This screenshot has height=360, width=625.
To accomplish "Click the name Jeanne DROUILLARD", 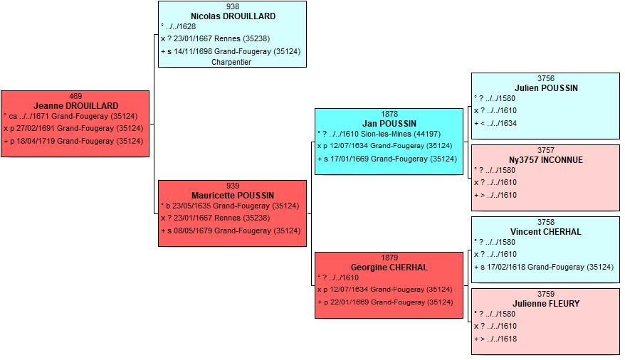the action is coord(75,106).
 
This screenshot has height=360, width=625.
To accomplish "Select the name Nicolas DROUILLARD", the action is coord(233,16).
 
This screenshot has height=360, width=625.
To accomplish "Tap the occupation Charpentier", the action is coord(231,62).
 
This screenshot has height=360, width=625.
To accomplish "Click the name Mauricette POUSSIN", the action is coord(233,196).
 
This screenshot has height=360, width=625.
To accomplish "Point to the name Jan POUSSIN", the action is coord(389,124).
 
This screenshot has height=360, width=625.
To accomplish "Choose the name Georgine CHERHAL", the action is coord(389,268).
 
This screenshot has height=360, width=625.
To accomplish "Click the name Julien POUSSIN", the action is coord(546,88).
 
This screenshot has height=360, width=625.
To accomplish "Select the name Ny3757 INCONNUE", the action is coord(546,160).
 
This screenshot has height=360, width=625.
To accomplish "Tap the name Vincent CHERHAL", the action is coord(546,232).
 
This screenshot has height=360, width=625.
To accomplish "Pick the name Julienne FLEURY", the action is coord(546,304).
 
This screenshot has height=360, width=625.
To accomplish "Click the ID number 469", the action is coord(75,96).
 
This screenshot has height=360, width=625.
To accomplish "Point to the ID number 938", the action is coord(233,7).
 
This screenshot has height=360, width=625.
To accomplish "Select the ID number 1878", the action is coord(389,115).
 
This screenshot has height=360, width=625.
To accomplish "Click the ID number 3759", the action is coord(546,295).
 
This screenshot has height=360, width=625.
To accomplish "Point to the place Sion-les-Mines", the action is coord(386,134).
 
